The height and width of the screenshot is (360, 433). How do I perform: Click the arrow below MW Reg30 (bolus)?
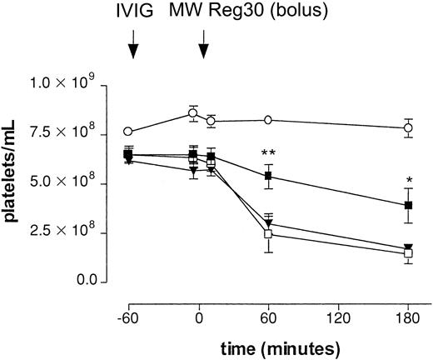(203, 48)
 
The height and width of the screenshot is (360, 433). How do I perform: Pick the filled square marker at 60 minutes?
(268, 177)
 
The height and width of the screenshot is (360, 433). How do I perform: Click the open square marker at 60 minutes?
(268, 234)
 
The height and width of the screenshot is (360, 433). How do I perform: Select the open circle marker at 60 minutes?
(268, 120)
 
